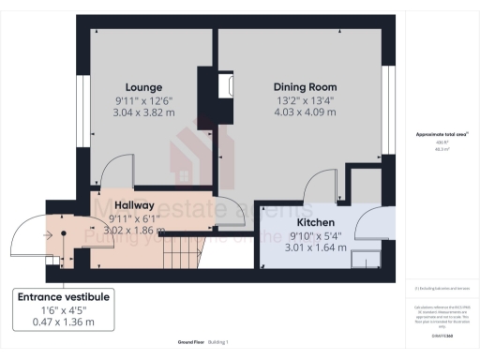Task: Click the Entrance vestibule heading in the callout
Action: [x=64, y=297]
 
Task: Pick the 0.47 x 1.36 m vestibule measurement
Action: [x=64, y=323]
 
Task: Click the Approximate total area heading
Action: [x=442, y=135]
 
